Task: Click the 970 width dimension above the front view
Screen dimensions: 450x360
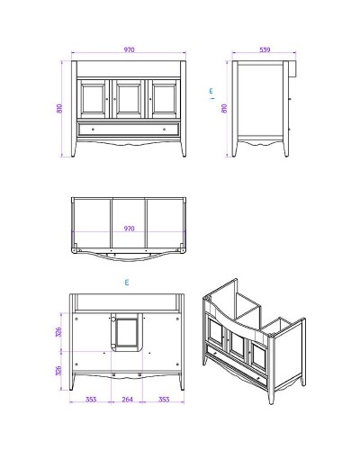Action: pyautogui.click(x=129, y=51)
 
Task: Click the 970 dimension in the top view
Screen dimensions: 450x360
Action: pyautogui.click(x=129, y=229)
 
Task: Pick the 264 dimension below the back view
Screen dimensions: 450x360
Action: pyautogui.click(x=128, y=399)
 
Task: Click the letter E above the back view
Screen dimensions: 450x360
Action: pyautogui.click(x=128, y=283)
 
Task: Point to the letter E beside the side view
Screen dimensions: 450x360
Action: pyautogui.click(x=211, y=90)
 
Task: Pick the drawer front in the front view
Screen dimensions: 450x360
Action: pyautogui.click(x=129, y=129)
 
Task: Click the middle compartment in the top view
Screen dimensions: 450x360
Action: pyautogui.click(x=129, y=220)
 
